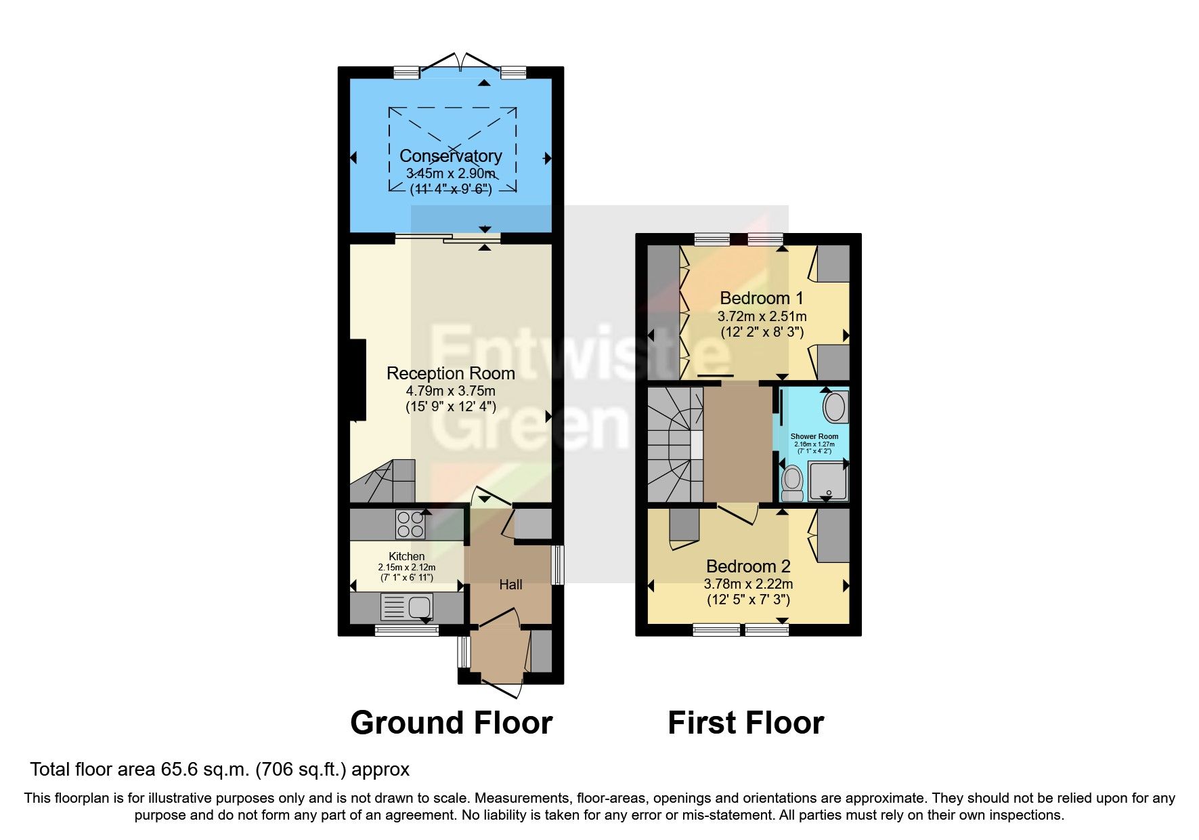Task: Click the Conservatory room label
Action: pos(450,156)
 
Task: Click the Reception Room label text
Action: pos(450,373)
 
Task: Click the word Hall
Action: pos(510,585)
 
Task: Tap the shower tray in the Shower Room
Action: pos(827,480)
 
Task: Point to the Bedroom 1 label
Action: pos(761,298)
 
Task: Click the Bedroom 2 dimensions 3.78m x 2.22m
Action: pos(748,584)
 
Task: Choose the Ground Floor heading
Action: pos(451,723)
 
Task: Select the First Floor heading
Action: pos(745,723)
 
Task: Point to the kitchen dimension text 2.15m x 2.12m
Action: pos(406,568)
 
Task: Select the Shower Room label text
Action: pos(814,437)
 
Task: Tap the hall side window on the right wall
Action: pos(557,565)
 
